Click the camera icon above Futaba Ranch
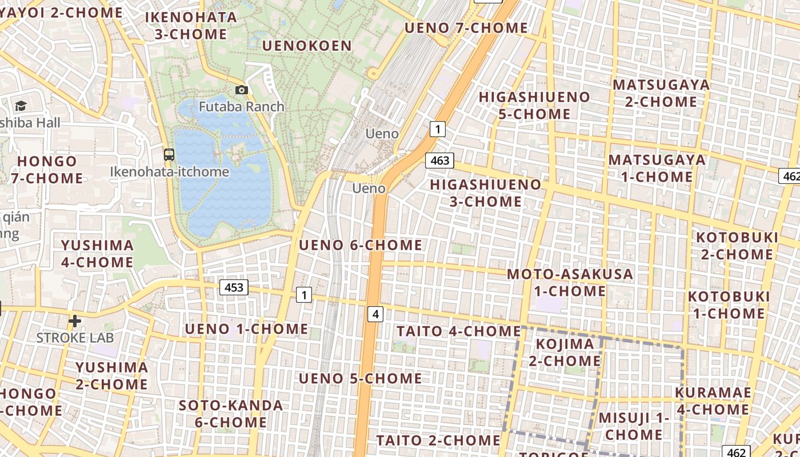pos(242,90)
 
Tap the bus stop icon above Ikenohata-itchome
pos(169,154)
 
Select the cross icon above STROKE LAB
pos(74,321)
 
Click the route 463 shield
pos(439,161)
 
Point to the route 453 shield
pos(234,287)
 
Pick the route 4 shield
pos(375,314)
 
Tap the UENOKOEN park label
pos(307,46)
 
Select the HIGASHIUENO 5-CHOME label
pos(534,105)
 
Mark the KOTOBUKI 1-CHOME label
pos(729,305)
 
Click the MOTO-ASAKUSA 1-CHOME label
pos(570,282)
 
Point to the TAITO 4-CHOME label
pos(459,331)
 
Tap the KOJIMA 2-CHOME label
pos(565,352)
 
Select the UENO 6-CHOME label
pos(361,246)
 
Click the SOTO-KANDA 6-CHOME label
pos(231,414)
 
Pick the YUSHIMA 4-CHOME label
pos(97,254)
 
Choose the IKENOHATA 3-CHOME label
pos(191,26)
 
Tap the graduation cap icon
pos(21,106)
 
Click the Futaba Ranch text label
pos(242,107)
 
